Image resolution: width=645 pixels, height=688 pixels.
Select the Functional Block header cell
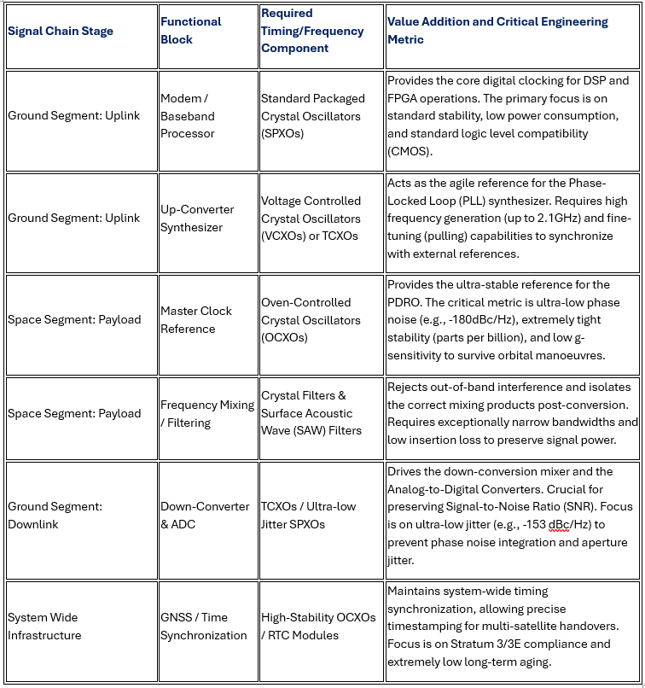point(190,31)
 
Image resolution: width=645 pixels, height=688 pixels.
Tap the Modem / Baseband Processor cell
point(189,116)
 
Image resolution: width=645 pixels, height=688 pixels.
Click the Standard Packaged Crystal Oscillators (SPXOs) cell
point(312,116)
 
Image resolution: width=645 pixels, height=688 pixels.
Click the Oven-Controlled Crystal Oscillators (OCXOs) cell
point(311,320)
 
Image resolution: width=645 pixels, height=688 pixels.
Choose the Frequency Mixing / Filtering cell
point(207,414)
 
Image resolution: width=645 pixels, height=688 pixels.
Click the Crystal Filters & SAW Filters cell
point(311,413)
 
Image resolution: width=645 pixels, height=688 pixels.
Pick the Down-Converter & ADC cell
point(205,515)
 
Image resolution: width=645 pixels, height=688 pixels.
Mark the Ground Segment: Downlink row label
point(55,515)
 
